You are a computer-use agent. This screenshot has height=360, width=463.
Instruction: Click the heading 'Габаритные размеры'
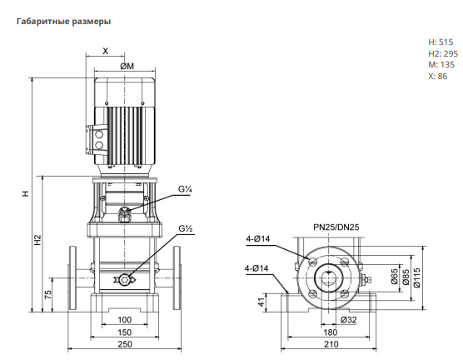pyautogui.click(x=64, y=22)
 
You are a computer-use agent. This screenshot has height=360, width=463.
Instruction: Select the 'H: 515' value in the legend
pyautogui.click(x=441, y=42)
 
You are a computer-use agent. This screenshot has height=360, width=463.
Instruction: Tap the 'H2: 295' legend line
pyautogui.click(x=443, y=53)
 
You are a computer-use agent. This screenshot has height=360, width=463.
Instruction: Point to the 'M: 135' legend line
pyautogui.click(x=441, y=65)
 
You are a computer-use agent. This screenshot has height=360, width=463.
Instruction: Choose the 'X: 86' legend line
pyautogui.click(x=438, y=77)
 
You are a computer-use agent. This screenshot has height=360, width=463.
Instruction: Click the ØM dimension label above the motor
pyautogui.click(x=127, y=66)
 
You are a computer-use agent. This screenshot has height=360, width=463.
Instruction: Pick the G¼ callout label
pyautogui.click(x=185, y=189)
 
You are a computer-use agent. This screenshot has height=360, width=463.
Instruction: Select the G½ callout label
pyautogui.click(x=186, y=228)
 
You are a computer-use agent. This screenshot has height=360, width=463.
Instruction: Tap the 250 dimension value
pyautogui.click(x=125, y=344)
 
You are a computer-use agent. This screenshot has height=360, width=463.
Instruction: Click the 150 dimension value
pyautogui.click(x=124, y=332)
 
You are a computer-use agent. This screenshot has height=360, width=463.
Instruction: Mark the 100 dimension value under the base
pyautogui.click(x=124, y=320)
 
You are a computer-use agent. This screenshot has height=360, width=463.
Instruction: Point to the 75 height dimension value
pyautogui.click(x=47, y=294)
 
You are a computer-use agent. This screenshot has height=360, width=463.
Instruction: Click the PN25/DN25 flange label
pyautogui.click(x=336, y=227)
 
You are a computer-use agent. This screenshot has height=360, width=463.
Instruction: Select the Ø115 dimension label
pyautogui.click(x=416, y=277)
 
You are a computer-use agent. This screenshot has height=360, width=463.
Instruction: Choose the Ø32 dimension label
pyautogui.click(x=348, y=319)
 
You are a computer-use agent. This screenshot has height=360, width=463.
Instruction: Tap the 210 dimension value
pyautogui.click(x=331, y=344)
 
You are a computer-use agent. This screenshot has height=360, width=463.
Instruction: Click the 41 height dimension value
pyautogui.click(x=261, y=302)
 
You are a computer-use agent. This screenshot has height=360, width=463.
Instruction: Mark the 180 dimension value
pyautogui.click(x=330, y=332)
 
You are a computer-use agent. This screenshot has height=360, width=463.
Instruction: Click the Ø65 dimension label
pyautogui.click(x=395, y=277)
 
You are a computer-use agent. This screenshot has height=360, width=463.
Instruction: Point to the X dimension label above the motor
pyautogui.click(x=106, y=51)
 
